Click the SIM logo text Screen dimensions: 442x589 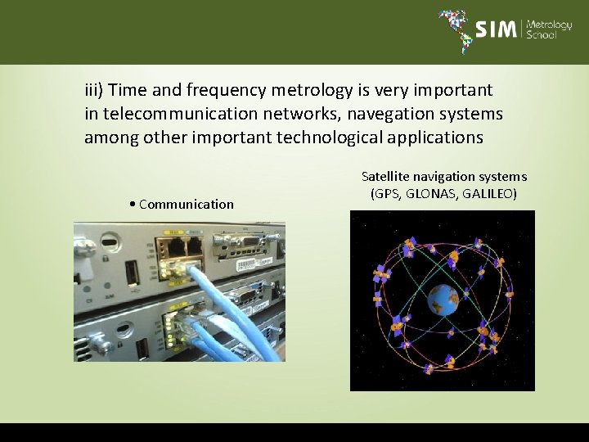click(496, 29)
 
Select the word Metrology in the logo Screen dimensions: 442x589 click(550, 24)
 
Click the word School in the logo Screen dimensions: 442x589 click(542, 36)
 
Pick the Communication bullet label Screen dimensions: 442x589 click(186, 204)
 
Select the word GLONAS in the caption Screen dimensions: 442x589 click(428, 194)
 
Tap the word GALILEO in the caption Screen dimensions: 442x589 click(489, 194)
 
